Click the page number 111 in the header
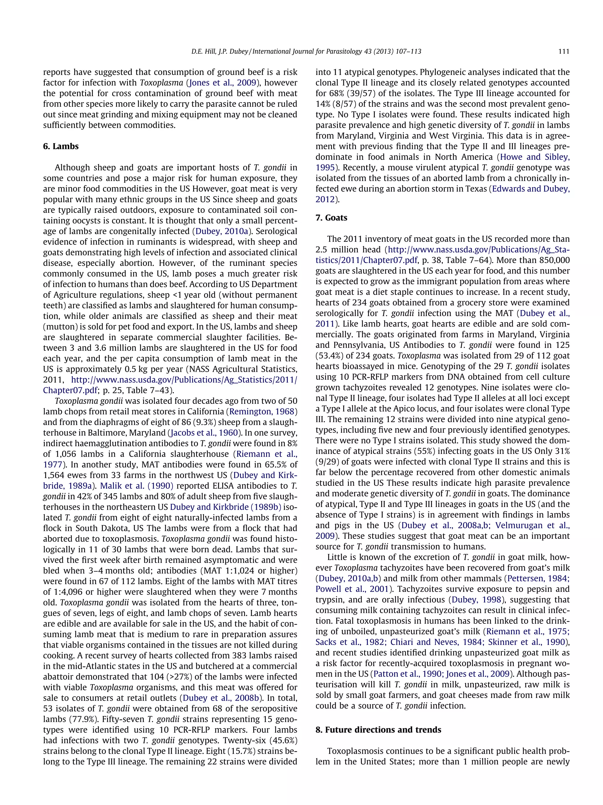tap(563, 51)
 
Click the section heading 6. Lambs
tap(61, 146)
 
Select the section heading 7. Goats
tap(331, 218)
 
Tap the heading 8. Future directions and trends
tap(378, 730)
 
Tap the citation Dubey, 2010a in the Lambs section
tap(216, 231)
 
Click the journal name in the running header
tap(336, 51)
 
